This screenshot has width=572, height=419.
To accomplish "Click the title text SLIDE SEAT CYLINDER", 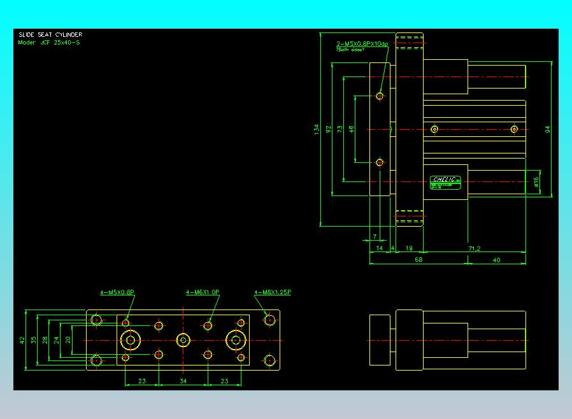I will coord(50,34).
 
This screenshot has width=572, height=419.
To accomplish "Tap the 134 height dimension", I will coord(317,129).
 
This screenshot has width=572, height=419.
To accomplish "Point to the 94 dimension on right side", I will coord(547,129).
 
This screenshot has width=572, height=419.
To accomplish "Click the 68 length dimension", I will coord(418,259).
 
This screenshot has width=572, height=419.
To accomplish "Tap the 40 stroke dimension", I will coord(496,259).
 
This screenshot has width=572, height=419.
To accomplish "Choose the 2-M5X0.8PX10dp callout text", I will coord(362,43).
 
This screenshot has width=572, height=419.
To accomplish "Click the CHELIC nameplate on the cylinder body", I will coord(445,182).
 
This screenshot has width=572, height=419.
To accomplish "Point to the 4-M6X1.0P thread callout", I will coord(203,292).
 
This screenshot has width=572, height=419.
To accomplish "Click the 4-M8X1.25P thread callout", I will coord(273,292).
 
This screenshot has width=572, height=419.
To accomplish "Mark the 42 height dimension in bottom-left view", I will coord(23,340).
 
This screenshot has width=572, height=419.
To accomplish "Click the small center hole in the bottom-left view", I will coord(183,340).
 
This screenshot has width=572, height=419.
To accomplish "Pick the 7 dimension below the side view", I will coord(374,236).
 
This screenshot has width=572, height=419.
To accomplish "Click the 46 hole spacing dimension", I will coord(351,129).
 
